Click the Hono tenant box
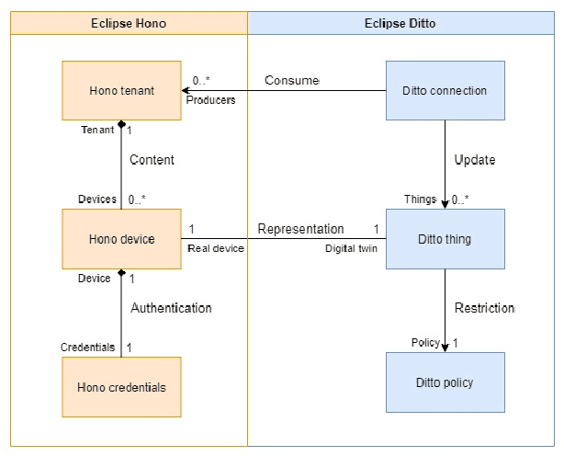point(121,90)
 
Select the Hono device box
point(121,239)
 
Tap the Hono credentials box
point(121,387)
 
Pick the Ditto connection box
point(445,90)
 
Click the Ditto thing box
point(445,239)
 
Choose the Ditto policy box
point(445,382)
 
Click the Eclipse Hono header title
point(129,23)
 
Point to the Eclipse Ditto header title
point(404,23)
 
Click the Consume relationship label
point(291,80)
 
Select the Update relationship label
point(475,160)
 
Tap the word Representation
point(300,229)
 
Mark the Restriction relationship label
point(484,307)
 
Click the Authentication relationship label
point(171,308)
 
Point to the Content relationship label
point(152,160)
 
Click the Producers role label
point(210,100)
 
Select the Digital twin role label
point(352,248)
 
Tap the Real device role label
point(216,248)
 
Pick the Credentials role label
point(87,348)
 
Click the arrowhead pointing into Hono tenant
point(186,90)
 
